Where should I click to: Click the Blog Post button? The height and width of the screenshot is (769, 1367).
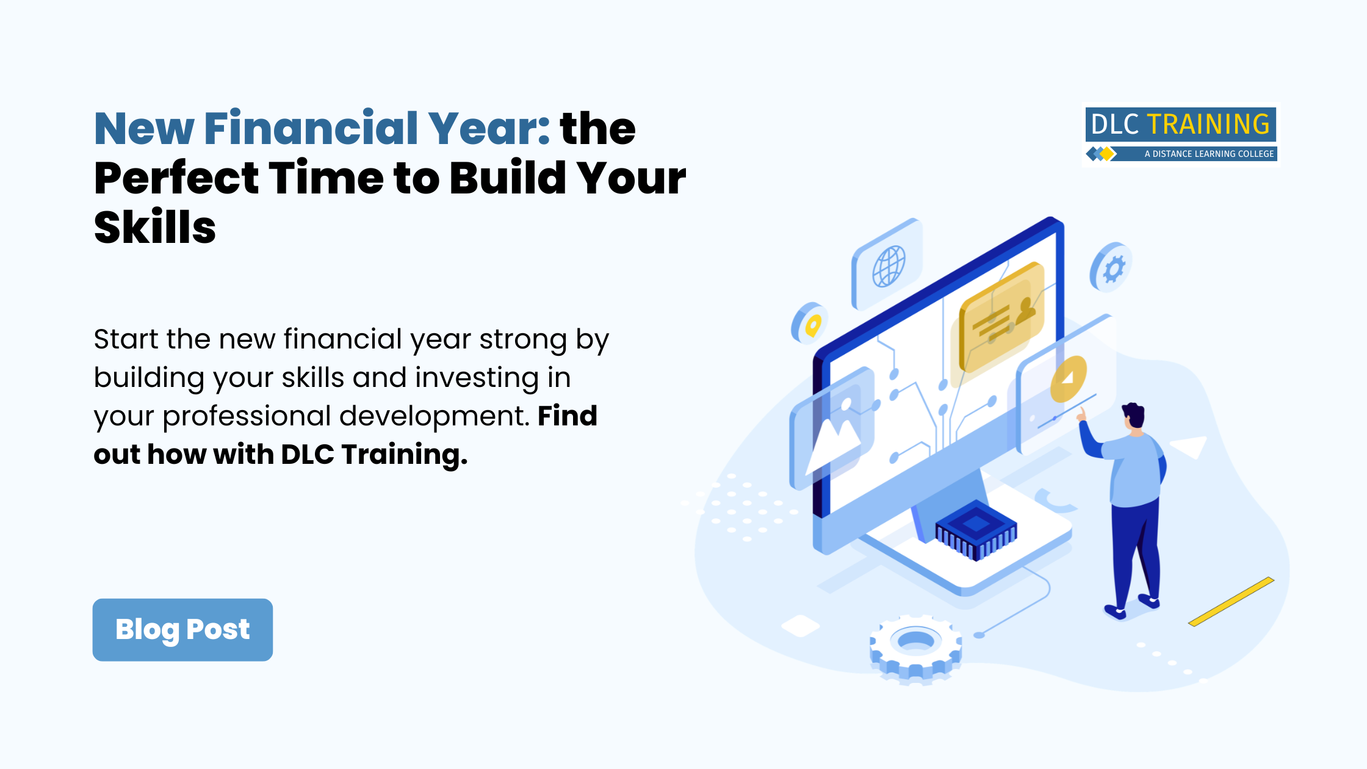tap(182, 629)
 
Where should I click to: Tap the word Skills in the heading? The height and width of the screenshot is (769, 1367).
tap(155, 227)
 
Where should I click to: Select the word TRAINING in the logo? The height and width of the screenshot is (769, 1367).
tap(1208, 125)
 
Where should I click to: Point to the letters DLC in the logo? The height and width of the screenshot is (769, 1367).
tap(1115, 125)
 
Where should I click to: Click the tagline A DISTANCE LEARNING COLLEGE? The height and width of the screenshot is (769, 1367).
tap(1209, 154)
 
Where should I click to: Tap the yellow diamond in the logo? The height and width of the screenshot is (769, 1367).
tap(1107, 154)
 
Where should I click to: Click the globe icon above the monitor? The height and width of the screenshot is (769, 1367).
tap(889, 265)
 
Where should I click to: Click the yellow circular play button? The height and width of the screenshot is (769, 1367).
tap(1069, 379)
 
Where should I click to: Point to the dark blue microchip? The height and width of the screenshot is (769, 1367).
tap(976, 530)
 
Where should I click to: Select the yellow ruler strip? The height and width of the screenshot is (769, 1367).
tap(1231, 601)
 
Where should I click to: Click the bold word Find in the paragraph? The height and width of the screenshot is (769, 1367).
tap(567, 416)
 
